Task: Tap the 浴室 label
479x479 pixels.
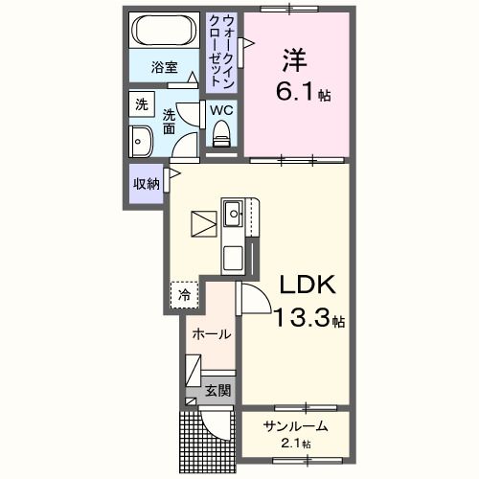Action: pyautogui.click(x=165, y=67)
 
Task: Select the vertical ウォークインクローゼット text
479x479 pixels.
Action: pyautogui.click(x=224, y=51)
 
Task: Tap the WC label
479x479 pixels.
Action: pyautogui.click(x=222, y=110)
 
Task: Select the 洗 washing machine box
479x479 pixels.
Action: pyautogui.click(x=142, y=103)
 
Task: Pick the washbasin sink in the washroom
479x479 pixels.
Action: pyautogui.click(x=140, y=140)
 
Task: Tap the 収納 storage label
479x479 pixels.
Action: pyautogui.click(x=146, y=184)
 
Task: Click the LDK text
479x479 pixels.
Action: pyautogui.click(x=307, y=285)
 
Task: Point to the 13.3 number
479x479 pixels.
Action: pyautogui.click(x=303, y=319)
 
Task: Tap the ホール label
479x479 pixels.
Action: pyautogui.click(x=211, y=335)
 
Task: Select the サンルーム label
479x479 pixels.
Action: pyautogui.click(x=296, y=425)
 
